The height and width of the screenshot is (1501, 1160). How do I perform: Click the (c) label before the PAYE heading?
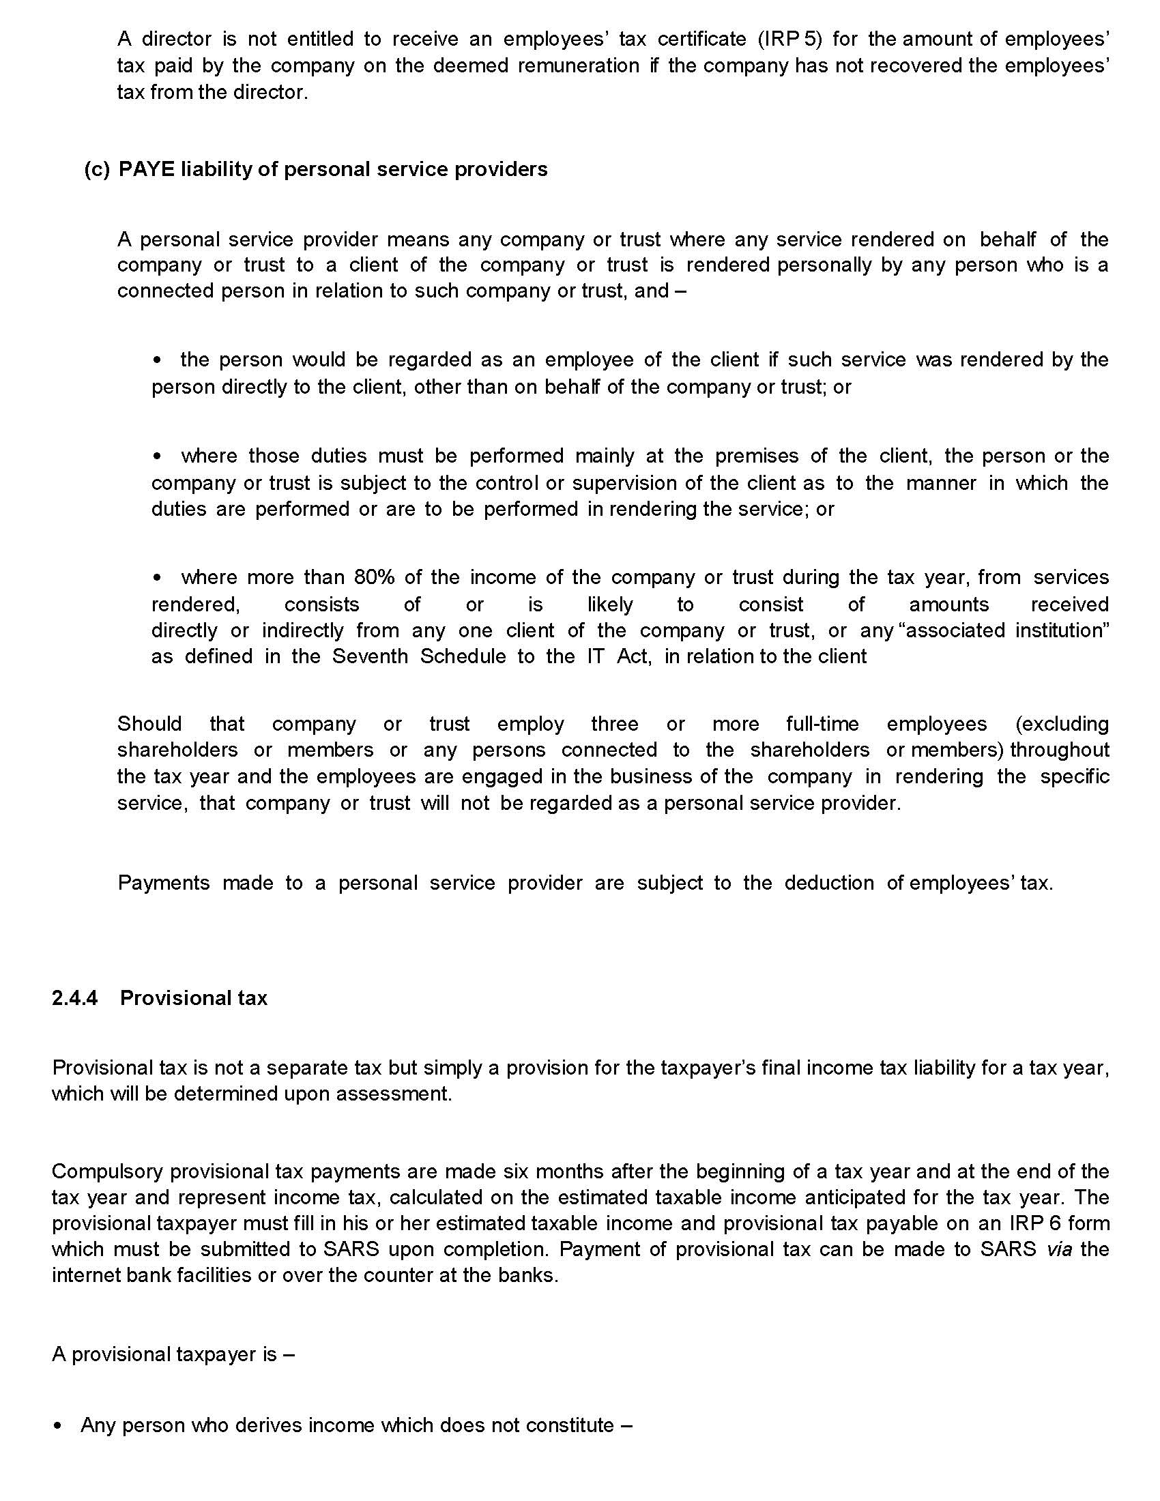97,169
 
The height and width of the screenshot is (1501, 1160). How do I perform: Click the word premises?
757,456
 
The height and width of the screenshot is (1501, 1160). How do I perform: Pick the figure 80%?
375,577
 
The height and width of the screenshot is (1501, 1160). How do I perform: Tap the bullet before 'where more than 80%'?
158,577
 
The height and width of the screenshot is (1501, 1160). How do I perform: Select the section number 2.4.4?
75,998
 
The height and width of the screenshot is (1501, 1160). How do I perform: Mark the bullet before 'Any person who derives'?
58,1425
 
